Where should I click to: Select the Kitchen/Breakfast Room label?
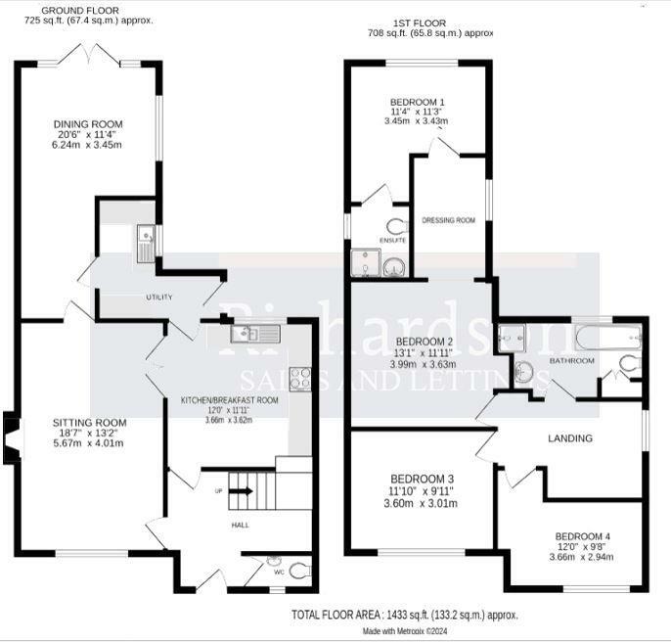coord(230,400)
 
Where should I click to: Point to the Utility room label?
coord(159,297)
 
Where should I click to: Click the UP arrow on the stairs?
coord(241,491)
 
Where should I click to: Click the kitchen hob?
coord(300,378)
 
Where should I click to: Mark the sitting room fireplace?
coord(11,435)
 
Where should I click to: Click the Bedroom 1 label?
coord(418,103)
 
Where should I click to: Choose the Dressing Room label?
coord(449,220)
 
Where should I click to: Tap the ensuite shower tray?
coord(366,262)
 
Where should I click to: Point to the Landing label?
coord(570,437)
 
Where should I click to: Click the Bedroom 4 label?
coord(583,536)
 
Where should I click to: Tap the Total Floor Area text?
coord(404,615)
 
